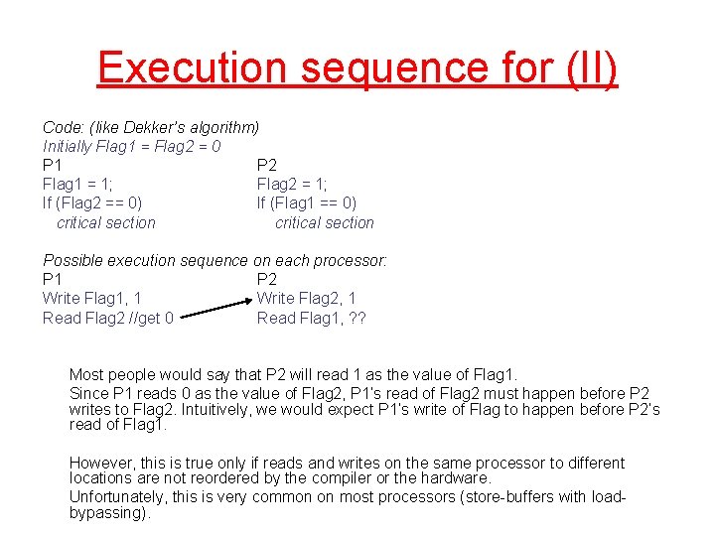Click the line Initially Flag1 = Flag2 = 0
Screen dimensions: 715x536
point(131,147)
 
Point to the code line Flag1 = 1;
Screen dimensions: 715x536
point(77,184)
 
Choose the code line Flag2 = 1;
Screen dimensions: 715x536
point(292,184)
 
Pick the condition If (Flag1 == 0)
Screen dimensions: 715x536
point(307,203)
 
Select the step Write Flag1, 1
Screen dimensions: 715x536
point(91,298)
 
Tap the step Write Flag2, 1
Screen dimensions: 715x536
point(306,298)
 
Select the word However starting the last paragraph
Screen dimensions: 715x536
point(99,463)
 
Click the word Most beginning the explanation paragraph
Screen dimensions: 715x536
point(86,374)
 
